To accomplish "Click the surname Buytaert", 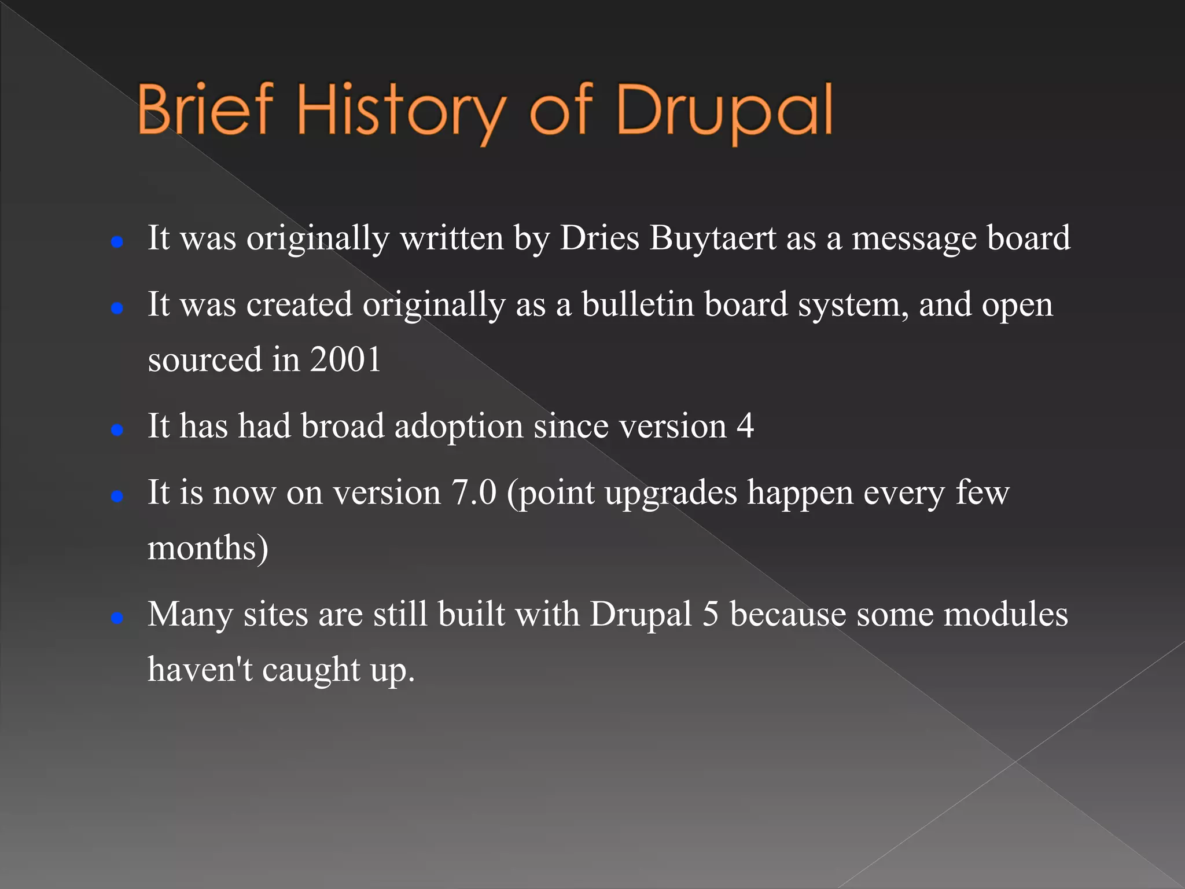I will click(712, 238).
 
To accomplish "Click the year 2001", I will click(345, 359).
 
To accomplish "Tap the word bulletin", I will click(638, 304).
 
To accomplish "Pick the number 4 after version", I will click(745, 427).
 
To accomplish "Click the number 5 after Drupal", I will click(711, 614).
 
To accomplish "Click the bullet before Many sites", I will click(117, 618).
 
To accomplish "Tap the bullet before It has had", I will click(117, 430).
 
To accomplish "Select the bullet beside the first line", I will click(117, 242).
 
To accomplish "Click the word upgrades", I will click(671, 494).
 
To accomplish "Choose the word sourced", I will click(205, 359).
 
